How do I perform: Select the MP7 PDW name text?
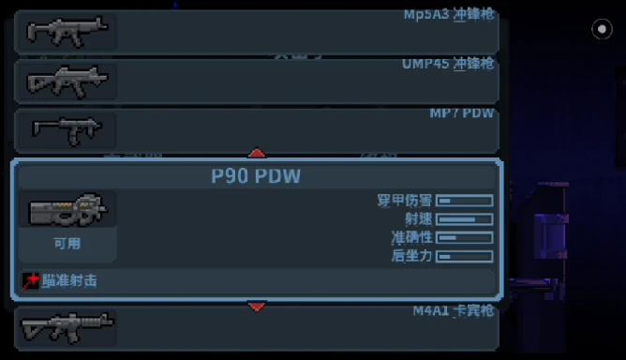pos(462,113)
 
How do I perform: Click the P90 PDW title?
pos(257,176)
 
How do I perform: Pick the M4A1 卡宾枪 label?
pos(454,310)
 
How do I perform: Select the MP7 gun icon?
pos(64,129)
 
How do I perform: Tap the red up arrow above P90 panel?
pos(257,153)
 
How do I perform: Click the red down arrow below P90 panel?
pos(257,306)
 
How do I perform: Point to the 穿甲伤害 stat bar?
pos(465,201)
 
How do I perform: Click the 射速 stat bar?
pos(465,219)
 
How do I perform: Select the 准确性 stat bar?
pos(465,237)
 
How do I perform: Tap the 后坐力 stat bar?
pos(465,256)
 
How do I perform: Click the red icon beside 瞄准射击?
pos(32,280)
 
